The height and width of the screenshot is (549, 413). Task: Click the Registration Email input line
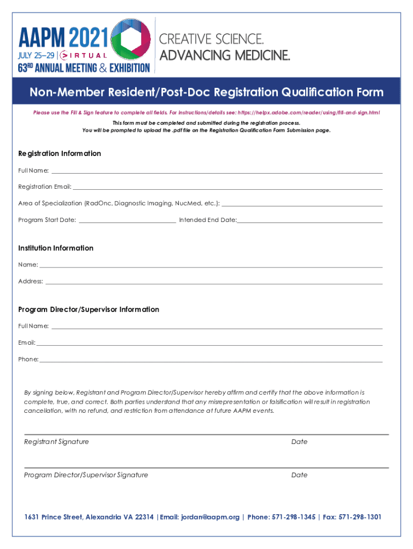tap(227, 187)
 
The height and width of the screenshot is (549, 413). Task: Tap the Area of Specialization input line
tap(302, 203)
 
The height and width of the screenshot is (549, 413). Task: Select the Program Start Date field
tap(127, 219)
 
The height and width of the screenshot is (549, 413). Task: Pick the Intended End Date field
tap(310, 219)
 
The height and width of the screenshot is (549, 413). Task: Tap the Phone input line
tap(211, 359)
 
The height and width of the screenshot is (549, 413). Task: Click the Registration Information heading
tap(60, 153)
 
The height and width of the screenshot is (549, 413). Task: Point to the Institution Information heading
tap(56, 248)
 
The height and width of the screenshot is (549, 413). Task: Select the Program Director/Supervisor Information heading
tap(88, 309)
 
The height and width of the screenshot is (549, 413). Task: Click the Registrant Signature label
tap(56, 442)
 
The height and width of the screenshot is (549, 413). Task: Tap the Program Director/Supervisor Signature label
tap(86, 475)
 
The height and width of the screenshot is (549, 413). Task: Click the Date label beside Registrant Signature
tap(299, 442)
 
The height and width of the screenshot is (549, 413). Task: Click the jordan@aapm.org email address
tap(210, 517)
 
